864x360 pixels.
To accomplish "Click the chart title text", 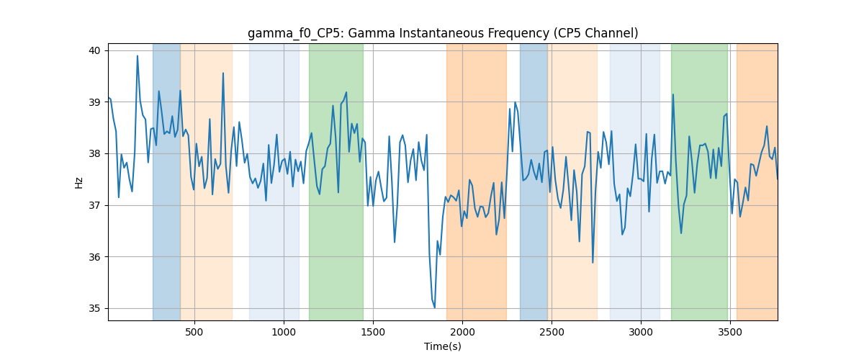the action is [x=443, y=33].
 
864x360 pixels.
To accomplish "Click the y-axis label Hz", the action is [x=78, y=183].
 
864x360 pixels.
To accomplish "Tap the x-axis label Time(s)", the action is [x=443, y=346].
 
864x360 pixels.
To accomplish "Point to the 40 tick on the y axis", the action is [x=94, y=51].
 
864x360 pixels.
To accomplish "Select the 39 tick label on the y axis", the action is [x=94, y=102].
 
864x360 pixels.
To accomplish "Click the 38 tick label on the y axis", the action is [x=94, y=154].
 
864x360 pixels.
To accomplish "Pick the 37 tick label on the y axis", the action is [x=94, y=206].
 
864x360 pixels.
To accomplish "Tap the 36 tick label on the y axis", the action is [x=94, y=257].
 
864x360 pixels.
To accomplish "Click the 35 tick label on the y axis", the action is [x=94, y=309].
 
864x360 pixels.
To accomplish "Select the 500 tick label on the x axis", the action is [x=194, y=332].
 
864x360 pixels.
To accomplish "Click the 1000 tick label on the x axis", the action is [x=284, y=332].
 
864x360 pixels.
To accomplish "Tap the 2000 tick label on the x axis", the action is [x=462, y=332].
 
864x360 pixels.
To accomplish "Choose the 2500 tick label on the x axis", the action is [x=552, y=332].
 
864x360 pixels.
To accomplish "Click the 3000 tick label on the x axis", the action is [x=641, y=332].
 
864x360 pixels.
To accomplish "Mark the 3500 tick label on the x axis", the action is [x=730, y=332].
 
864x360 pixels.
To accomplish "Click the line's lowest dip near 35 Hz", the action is [x=435, y=307].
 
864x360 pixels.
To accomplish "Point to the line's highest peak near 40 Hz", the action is [x=138, y=56].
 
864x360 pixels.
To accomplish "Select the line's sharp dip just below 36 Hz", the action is [x=593, y=263].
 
